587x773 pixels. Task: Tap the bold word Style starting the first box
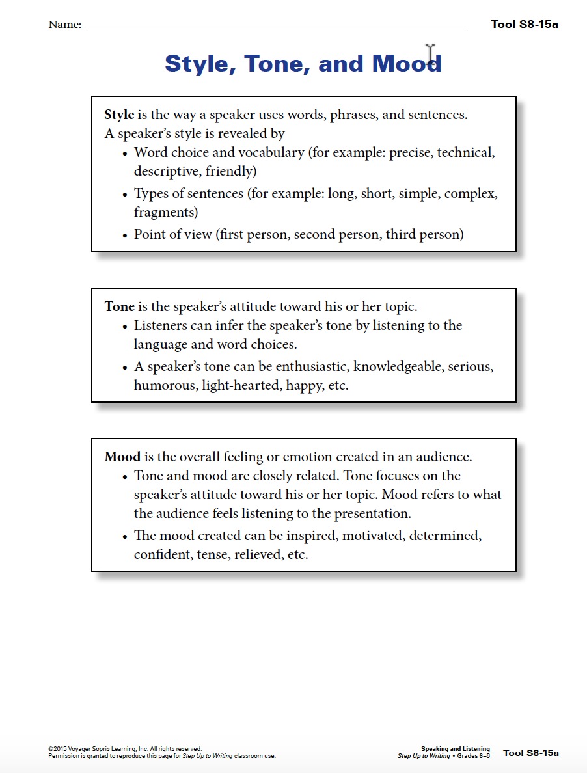(x=119, y=115)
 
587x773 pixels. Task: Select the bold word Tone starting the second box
(x=119, y=306)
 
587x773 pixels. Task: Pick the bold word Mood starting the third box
(x=122, y=457)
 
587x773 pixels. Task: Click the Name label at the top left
(x=64, y=25)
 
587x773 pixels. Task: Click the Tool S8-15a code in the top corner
(x=524, y=25)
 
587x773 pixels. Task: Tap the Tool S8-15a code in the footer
(x=530, y=753)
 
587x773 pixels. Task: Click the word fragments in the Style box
(x=166, y=213)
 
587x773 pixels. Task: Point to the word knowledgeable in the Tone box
(x=397, y=367)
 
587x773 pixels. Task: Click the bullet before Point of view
(x=125, y=236)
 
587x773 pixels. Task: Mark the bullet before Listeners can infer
(x=125, y=327)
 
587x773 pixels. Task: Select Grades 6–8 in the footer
(x=475, y=756)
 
